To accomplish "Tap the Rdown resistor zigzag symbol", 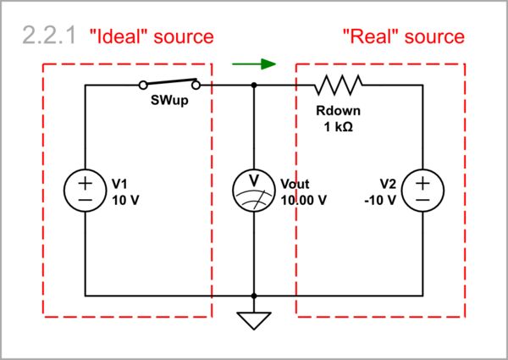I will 339,85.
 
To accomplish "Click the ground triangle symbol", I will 254,320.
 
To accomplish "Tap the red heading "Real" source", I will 403,36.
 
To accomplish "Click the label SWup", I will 170,102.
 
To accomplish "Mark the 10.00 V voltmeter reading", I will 303,200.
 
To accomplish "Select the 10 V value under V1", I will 124,200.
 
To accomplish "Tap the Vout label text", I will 295,184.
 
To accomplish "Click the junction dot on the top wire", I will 254,85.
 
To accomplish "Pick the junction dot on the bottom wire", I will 254,296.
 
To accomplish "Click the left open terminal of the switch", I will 143,85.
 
